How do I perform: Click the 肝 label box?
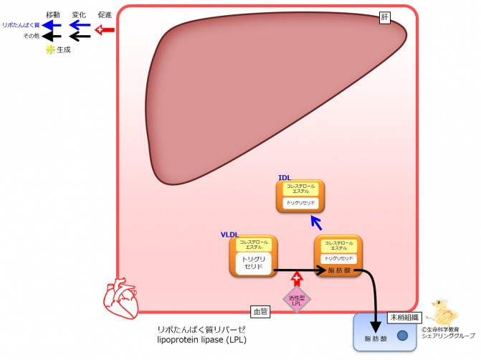coord(384,18)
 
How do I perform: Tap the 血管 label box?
coord(259,312)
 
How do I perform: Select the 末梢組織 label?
coord(405,317)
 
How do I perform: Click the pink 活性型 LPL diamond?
coord(297,300)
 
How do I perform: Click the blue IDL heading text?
coord(285,177)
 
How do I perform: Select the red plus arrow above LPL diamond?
coord(297,279)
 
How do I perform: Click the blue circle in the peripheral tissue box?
coord(402,336)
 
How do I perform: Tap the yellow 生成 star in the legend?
coord(49,49)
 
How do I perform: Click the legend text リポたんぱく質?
coord(21,25)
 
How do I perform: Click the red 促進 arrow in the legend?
coord(105,29)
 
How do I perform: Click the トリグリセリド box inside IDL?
coord(301,203)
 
